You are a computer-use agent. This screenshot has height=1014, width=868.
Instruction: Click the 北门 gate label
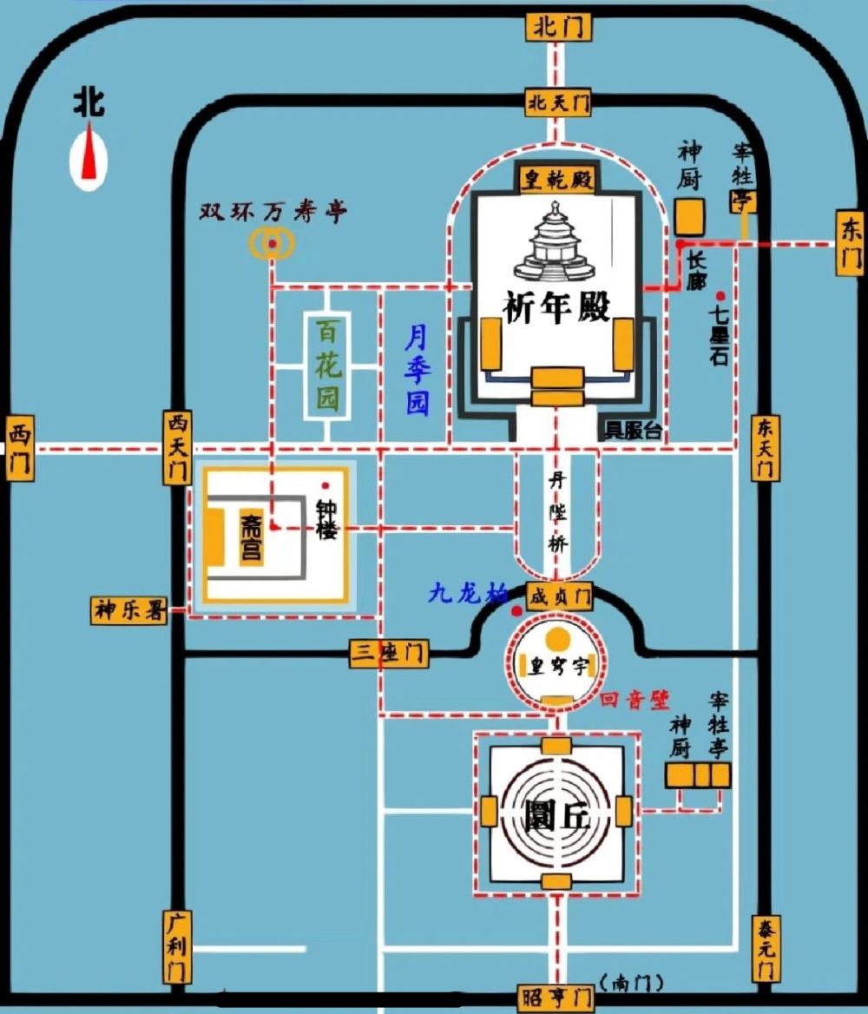coord(558,27)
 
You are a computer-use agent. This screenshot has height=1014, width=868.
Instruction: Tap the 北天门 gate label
coord(558,103)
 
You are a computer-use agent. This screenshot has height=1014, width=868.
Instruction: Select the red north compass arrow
coord(89,155)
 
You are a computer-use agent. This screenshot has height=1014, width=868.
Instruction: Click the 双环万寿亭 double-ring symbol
coord(273,246)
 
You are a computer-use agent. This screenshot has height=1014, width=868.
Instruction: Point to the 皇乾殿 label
coord(556,180)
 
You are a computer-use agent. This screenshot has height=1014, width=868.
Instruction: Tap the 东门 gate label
coord(850,242)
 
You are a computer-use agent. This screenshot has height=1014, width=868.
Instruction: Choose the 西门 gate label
coord(19,448)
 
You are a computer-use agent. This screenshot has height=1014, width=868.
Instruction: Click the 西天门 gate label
coord(177,448)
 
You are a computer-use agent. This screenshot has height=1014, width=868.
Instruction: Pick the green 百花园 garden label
coord(326,365)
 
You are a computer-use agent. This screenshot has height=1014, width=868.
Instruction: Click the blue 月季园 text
coord(418,369)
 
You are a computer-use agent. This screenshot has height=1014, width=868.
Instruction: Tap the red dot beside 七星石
coord(720,296)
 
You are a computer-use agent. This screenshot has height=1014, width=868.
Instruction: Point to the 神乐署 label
coord(128,610)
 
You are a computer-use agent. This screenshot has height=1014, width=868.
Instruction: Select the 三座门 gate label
coord(389,653)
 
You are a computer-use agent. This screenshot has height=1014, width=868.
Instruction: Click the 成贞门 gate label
coord(559,596)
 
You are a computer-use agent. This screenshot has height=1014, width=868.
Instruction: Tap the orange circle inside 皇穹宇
coord(557,640)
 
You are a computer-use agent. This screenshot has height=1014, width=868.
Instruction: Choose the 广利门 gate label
coord(176,946)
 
